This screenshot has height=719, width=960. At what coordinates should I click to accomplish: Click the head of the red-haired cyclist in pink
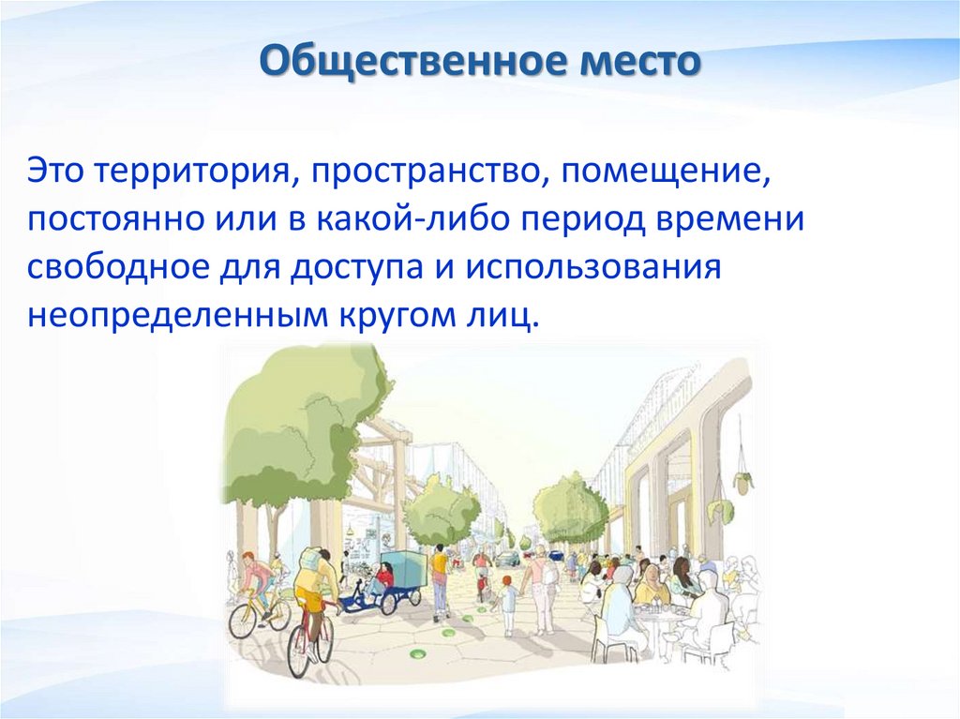pyautogui.click(x=249, y=559)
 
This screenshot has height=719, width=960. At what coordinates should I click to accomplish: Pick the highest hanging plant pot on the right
pyautogui.click(x=742, y=481)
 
